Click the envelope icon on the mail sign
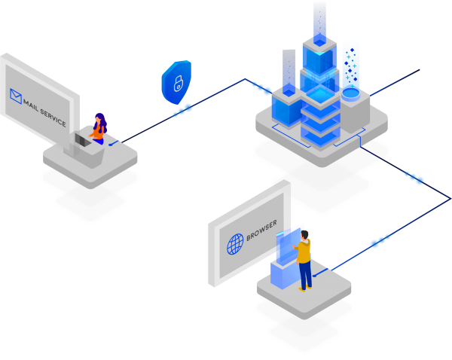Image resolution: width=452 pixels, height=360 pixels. [x=15, y=96]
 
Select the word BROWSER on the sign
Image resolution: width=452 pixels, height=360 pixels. [x=261, y=231]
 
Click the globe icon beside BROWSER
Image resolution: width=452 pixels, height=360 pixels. [x=236, y=243]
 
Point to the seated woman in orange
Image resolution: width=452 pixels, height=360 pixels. [x=98, y=130]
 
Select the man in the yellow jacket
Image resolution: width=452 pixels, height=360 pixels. [x=304, y=256]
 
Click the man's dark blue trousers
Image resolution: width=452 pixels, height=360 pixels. [x=304, y=276]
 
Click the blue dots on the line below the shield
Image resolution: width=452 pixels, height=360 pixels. [x=183, y=110]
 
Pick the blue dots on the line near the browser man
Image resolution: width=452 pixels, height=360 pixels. [x=380, y=241]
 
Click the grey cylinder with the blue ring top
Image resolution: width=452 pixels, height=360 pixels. [x=351, y=108]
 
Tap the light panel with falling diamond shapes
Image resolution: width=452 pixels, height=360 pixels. [x=350, y=64]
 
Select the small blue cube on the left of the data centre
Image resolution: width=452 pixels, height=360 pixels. [x=287, y=102]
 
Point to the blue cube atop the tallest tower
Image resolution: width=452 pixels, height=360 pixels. [x=319, y=44]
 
